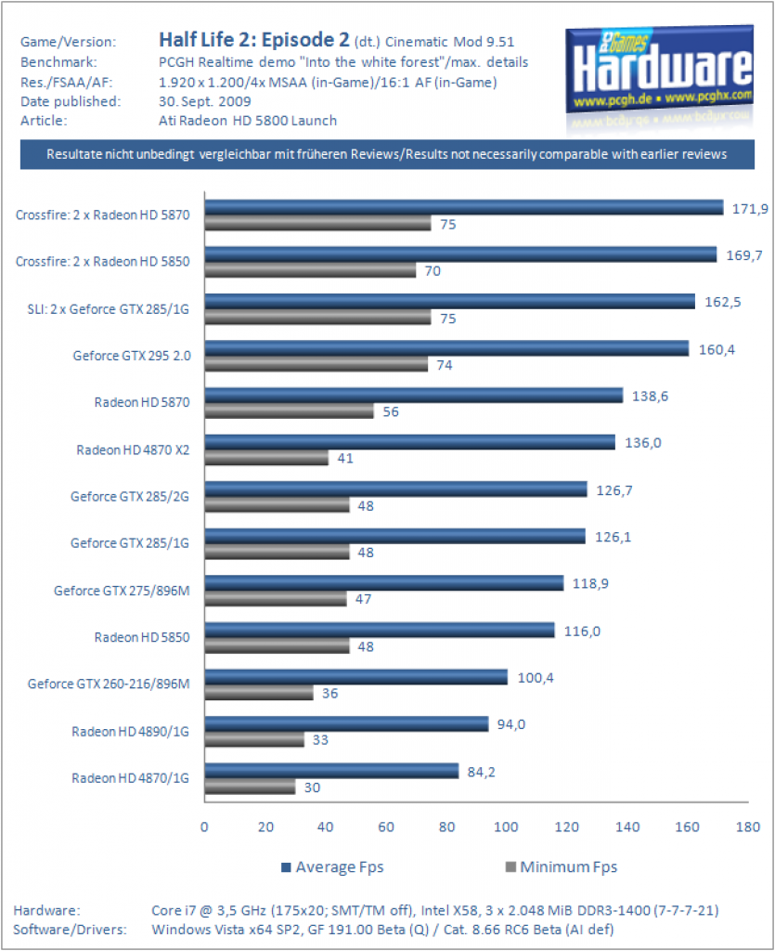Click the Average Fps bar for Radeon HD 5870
click(x=414, y=396)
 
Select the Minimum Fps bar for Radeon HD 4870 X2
click(x=266, y=458)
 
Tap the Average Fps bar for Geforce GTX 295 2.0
click(x=446, y=348)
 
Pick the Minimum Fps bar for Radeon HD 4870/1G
click(x=250, y=787)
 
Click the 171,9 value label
click(x=750, y=209)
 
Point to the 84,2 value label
click(x=481, y=772)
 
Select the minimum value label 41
click(x=345, y=459)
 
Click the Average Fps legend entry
click(x=332, y=867)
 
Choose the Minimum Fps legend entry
click(x=562, y=867)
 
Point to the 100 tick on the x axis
click(x=506, y=827)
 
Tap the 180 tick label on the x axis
click(x=748, y=827)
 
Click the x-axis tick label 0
click(x=204, y=827)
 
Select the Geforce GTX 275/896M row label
click(x=122, y=591)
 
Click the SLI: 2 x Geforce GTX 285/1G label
click(x=108, y=309)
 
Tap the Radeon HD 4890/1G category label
click(x=130, y=732)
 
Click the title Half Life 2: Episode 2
click(x=254, y=40)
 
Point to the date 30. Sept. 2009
click(x=205, y=101)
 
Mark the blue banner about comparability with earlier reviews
click(x=387, y=154)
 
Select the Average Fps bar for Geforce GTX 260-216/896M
click(x=356, y=677)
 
